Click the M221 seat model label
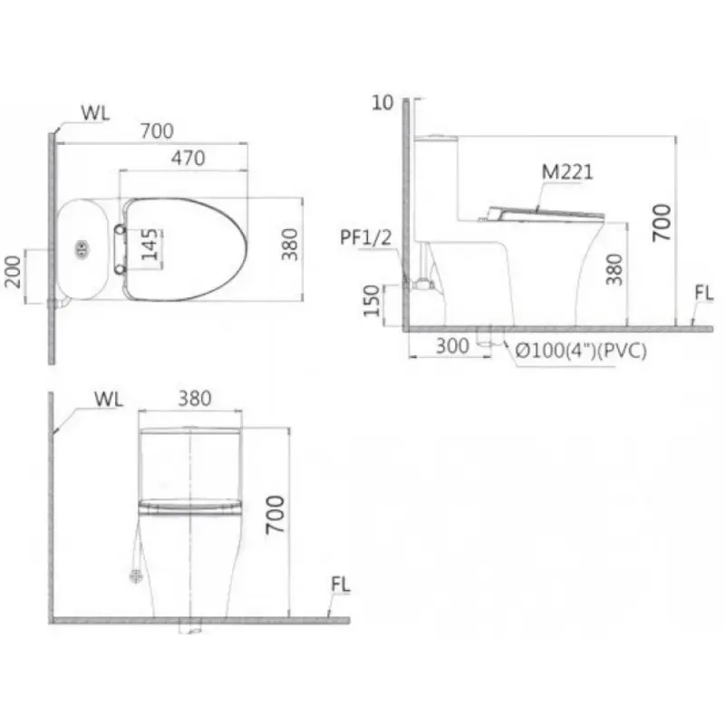click(x=567, y=172)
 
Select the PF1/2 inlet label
click(x=366, y=237)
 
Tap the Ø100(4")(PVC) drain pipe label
click(x=581, y=351)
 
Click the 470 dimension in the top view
click(x=188, y=158)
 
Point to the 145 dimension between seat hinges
click(x=150, y=245)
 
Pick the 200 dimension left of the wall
click(x=14, y=273)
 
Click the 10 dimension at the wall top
click(x=382, y=102)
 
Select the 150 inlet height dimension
click(x=372, y=301)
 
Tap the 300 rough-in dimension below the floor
click(x=452, y=346)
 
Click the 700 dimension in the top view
click(x=157, y=131)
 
